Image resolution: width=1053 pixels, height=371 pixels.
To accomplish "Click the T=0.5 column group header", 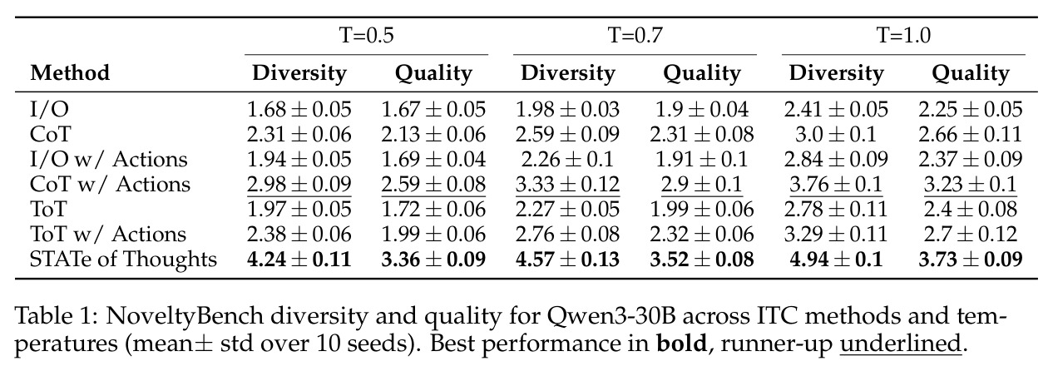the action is tap(366, 35).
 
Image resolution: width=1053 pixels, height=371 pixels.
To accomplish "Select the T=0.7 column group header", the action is tap(635, 35).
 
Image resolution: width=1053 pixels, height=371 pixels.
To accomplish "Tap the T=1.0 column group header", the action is tap(903, 35).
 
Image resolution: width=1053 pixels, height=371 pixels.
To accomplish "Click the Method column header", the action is tap(70, 73).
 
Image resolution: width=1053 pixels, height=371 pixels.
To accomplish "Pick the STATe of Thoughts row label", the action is tap(123, 259).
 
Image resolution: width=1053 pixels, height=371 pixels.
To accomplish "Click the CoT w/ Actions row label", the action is tap(110, 184).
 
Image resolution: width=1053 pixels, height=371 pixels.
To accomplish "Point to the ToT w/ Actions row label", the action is tap(108, 235).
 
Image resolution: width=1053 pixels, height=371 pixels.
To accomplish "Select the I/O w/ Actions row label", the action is tap(109, 159).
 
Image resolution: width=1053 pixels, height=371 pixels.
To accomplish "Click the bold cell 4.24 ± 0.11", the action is tap(299, 259).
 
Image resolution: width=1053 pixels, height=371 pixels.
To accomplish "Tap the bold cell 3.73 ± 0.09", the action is tap(971, 259).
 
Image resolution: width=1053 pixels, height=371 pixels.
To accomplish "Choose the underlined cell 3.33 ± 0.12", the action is tap(567, 184).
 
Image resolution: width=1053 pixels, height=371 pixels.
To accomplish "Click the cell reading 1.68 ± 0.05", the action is tap(299, 109).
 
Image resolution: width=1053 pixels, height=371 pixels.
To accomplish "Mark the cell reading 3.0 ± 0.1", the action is tap(836, 134).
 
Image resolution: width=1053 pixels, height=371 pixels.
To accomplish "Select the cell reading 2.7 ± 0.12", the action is tap(971, 235).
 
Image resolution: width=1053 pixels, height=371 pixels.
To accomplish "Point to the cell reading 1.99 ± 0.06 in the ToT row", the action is tap(702, 210).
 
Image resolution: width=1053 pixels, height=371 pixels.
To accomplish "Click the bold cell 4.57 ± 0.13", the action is tap(567, 259).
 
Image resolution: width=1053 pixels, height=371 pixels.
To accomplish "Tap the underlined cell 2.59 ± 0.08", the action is tap(433, 184).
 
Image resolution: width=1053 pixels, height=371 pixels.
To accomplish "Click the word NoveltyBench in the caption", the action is tap(185, 316).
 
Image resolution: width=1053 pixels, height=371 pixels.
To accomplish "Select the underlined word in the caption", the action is tap(900, 344).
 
